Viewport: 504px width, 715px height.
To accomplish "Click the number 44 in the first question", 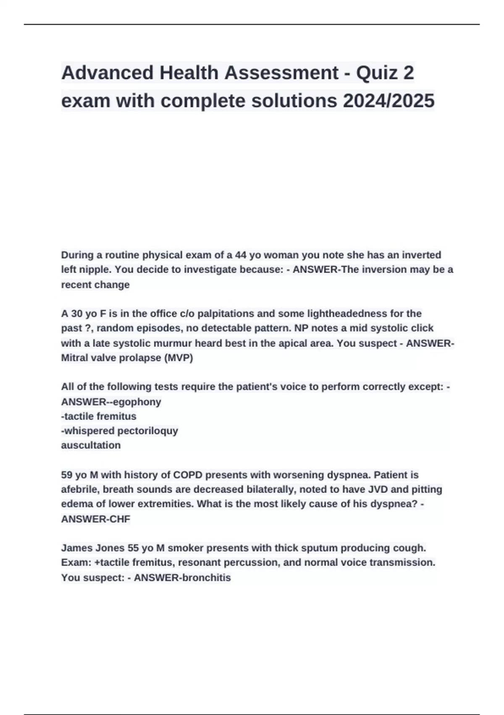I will (x=241, y=255).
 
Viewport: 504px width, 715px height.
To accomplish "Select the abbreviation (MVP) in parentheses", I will (x=179, y=358).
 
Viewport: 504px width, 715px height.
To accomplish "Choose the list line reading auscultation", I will (x=91, y=445).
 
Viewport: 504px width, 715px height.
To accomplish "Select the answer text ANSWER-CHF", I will (x=96, y=519).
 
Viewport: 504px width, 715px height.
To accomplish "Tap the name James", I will (x=76, y=548).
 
